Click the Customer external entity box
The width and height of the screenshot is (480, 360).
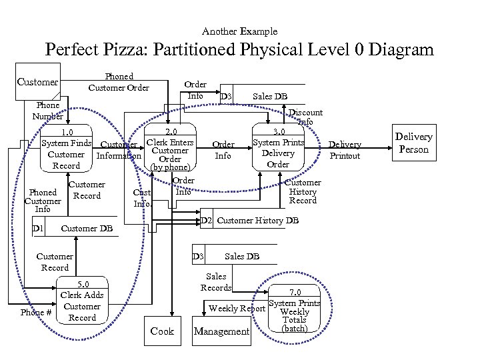[x=37, y=82]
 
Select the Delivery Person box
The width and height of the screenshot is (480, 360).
[x=413, y=143]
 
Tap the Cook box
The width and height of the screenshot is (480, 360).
[x=162, y=331]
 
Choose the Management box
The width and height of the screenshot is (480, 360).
[x=221, y=331]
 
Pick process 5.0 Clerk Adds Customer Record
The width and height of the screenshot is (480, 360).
[x=82, y=301]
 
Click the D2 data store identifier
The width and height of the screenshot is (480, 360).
[x=207, y=221]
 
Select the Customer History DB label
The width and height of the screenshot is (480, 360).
[x=258, y=221]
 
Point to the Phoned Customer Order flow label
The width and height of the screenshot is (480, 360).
[x=119, y=82]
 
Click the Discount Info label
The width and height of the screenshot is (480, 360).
[x=305, y=117]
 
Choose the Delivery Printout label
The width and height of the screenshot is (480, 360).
[x=345, y=150]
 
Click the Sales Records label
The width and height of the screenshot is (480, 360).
[x=216, y=282]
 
